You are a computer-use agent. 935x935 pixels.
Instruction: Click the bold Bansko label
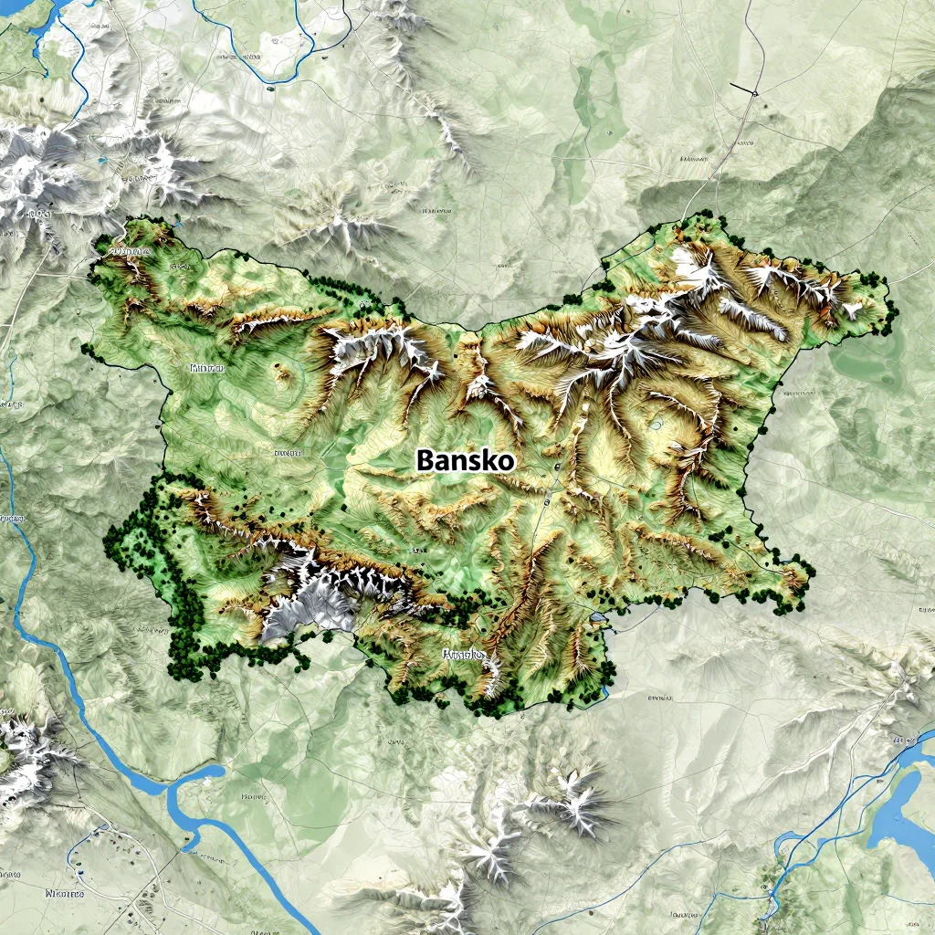coord(465,460)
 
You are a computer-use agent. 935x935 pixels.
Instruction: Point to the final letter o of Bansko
coord(506,462)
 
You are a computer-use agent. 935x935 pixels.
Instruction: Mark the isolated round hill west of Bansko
coord(283,373)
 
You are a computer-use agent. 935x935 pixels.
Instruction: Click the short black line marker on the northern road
coord(743,89)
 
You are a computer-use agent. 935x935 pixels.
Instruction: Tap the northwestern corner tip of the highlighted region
coord(100,245)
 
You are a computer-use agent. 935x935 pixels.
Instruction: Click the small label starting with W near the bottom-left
coord(64,894)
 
